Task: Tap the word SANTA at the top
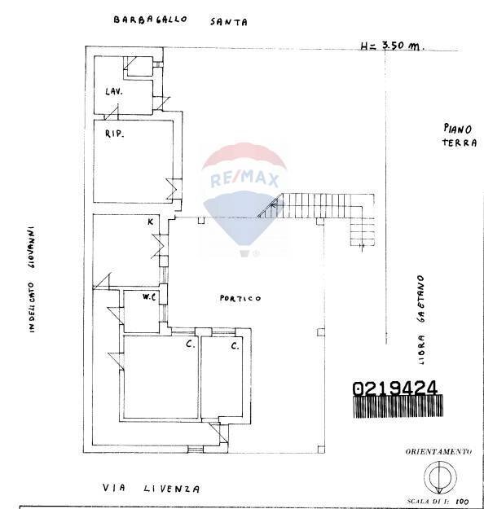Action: [227, 23]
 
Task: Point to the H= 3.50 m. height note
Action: [391, 46]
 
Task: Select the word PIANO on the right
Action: [460, 128]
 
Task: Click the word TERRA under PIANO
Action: [460, 143]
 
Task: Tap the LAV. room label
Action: [113, 92]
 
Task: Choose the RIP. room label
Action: [113, 133]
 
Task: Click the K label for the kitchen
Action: [150, 222]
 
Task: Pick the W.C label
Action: [149, 297]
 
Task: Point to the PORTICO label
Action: [240, 299]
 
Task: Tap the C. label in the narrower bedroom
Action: [234, 346]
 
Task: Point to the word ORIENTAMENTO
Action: [438, 451]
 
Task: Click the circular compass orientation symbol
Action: [438, 476]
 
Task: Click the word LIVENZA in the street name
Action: [172, 489]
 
